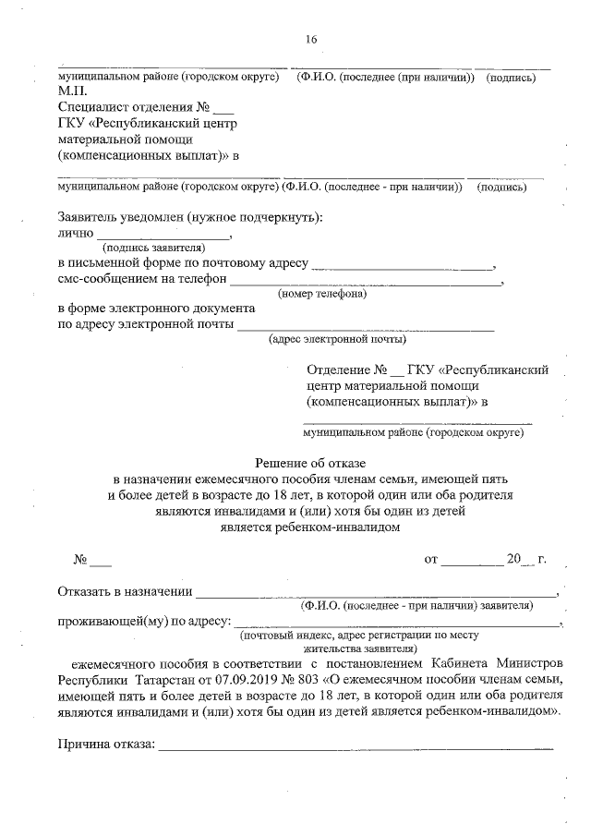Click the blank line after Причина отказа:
coord(356,745)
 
